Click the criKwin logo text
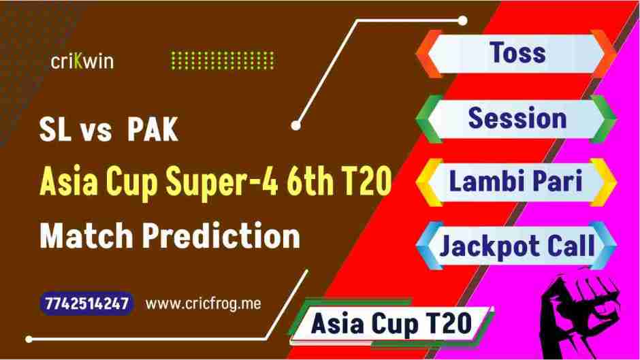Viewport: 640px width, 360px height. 82,62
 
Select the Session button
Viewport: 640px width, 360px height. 517,118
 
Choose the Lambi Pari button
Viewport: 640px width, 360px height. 515,182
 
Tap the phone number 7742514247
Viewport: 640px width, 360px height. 86,304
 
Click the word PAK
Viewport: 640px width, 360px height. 153,131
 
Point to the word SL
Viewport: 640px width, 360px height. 54,131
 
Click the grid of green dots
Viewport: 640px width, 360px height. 222,61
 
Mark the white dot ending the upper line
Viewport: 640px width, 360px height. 295,125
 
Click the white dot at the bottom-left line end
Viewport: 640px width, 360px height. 29,338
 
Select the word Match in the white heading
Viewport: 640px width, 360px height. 86,237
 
